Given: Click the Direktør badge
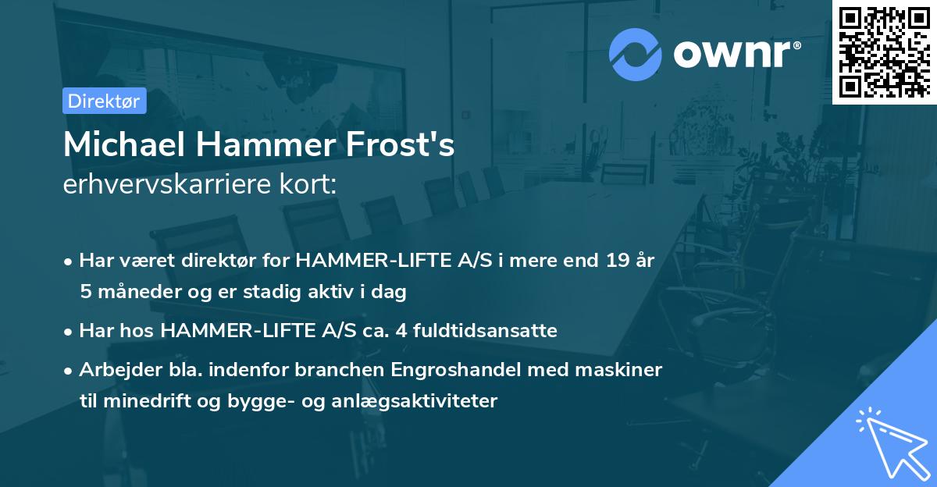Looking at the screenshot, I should [103, 101].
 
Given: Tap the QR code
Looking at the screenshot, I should [884, 52].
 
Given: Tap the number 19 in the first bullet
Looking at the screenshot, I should [608, 261].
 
